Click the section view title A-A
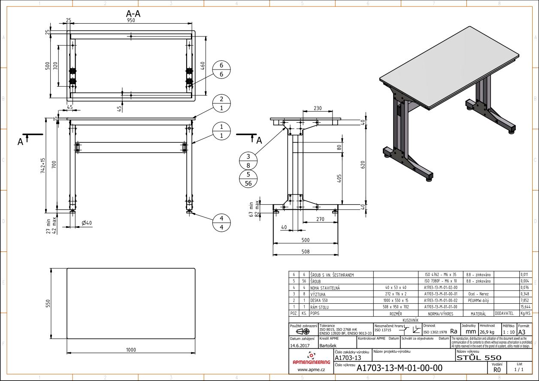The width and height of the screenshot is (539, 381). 130,14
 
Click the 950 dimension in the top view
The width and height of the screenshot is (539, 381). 131,21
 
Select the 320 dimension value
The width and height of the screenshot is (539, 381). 55,66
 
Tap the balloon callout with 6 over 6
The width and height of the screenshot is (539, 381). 221,70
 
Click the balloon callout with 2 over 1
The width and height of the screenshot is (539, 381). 221,103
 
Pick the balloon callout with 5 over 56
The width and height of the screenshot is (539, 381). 248,178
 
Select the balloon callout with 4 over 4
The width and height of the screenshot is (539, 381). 221,222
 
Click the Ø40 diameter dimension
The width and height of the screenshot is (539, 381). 86,223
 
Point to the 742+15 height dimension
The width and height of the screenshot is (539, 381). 42,165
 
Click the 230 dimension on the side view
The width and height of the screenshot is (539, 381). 318,109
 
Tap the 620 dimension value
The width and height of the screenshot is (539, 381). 362,164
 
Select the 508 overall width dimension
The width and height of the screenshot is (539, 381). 305,252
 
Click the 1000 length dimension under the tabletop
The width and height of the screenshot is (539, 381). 131,350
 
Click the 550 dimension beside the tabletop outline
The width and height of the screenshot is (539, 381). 48,303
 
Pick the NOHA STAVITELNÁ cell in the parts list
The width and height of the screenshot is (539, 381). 325,287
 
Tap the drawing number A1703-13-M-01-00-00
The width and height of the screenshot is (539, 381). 399,368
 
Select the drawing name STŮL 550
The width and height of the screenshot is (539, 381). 478,357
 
